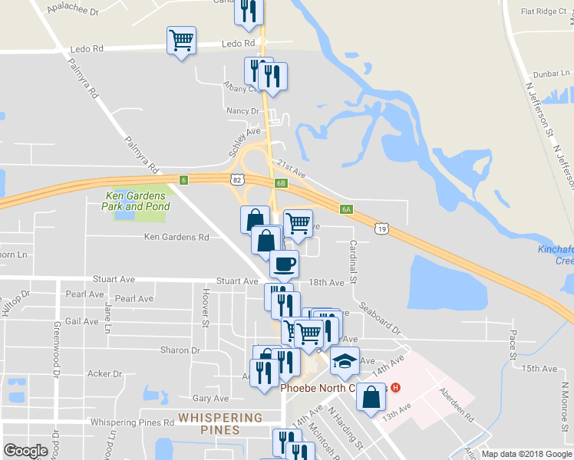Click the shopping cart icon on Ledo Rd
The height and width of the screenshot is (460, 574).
pyautogui.click(x=181, y=40)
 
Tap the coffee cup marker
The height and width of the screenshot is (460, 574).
pyautogui.click(x=284, y=264)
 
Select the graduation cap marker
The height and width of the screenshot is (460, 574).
pyautogui.click(x=345, y=360)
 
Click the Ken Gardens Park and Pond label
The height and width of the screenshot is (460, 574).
pyautogui.click(x=135, y=202)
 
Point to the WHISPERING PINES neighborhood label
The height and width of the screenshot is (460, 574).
pyautogui.click(x=219, y=423)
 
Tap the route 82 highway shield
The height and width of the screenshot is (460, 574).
pyautogui.click(x=239, y=179)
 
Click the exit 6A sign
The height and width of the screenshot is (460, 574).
pyautogui.click(x=347, y=209)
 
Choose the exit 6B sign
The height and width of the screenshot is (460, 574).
pyautogui.click(x=282, y=182)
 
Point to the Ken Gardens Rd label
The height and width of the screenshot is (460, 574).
pyautogui.click(x=176, y=237)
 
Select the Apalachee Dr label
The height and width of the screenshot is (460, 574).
pyautogui.click(x=73, y=11)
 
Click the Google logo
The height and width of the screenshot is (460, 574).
pyautogui.click(x=25, y=451)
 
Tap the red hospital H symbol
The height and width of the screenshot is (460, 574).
pyautogui.click(x=395, y=387)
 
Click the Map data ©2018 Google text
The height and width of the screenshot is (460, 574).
pyautogui.click(x=526, y=454)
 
